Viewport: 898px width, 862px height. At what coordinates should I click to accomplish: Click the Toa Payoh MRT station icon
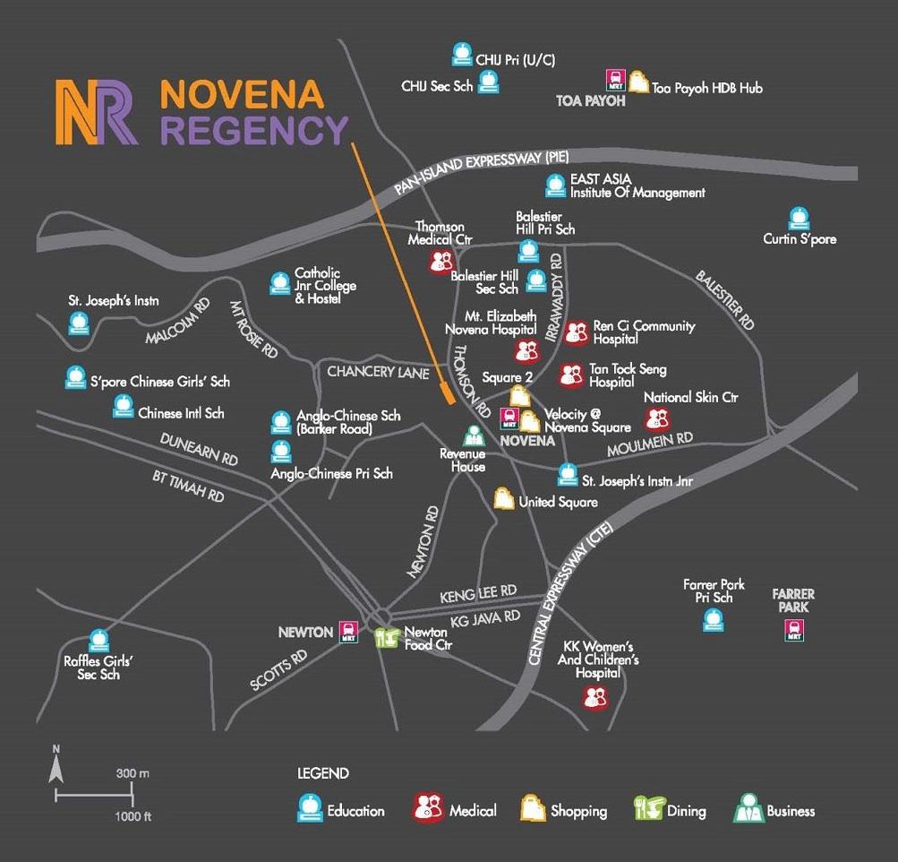click(x=616, y=82)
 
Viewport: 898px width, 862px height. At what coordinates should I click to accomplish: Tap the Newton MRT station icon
click(x=347, y=633)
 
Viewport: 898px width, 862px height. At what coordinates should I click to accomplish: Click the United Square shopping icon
click(x=505, y=499)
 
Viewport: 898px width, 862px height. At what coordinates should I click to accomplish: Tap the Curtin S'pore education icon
click(x=798, y=219)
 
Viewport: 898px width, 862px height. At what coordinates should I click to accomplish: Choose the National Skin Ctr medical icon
click(x=657, y=418)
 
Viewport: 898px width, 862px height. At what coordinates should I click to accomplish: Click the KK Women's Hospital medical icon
click(x=595, y=696)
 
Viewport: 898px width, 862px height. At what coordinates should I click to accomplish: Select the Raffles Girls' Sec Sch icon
click(x=99, y=641)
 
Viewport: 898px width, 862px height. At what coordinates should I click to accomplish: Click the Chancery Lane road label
click(x=379, y=371)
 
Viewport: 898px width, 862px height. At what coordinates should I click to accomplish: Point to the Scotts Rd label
click(x=279, y=668)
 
